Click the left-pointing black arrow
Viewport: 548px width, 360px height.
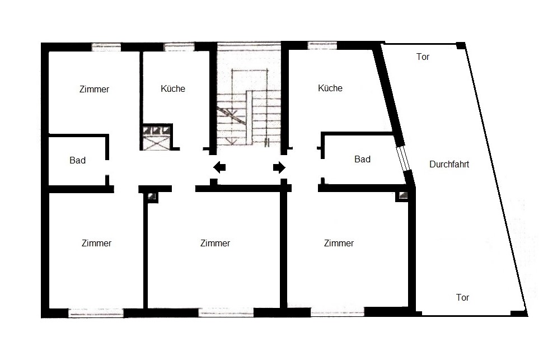[x=219, y=167]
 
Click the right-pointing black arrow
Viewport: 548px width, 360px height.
[x=279, y=167]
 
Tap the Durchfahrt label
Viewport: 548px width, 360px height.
[x=449, y=164]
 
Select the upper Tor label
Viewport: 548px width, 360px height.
[x=423, y=57]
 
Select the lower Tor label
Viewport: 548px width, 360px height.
[x=462, y=297]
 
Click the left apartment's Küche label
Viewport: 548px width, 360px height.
[x=173, y=89]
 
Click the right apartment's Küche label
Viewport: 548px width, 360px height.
[x=330, y=88]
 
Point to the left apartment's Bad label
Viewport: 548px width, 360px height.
[x=78, y=161]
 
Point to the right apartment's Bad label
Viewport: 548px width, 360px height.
[x=362, y=160]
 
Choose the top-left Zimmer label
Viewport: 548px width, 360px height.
[x=95, y=90]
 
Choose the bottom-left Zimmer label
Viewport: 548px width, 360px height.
[x=96, y=243]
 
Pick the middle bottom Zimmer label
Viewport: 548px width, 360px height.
[x=216, y=243]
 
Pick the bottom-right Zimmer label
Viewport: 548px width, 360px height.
[x=339, y=243]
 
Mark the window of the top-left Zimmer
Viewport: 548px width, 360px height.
[x=106, y=47]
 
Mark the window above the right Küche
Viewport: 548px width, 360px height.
[x=322, y=46]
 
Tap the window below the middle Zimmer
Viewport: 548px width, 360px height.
[x=226, y=312]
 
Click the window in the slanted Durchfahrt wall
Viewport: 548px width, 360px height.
[x=404, y=158]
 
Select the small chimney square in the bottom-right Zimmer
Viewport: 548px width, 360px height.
[x=402, y=196]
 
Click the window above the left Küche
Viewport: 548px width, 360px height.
[x=179, y=47]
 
